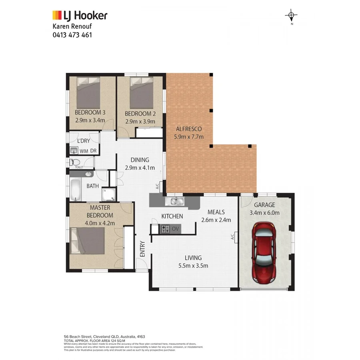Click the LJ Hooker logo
click(80, 16)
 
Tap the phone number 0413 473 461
click(72, 35)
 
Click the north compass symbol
click(292, 16)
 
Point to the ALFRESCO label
click(189, 129)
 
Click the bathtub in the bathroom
click(76, 191)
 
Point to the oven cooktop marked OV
click(165, 229)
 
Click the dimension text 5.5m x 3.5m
click(193, 266)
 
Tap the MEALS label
click(216, 212)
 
